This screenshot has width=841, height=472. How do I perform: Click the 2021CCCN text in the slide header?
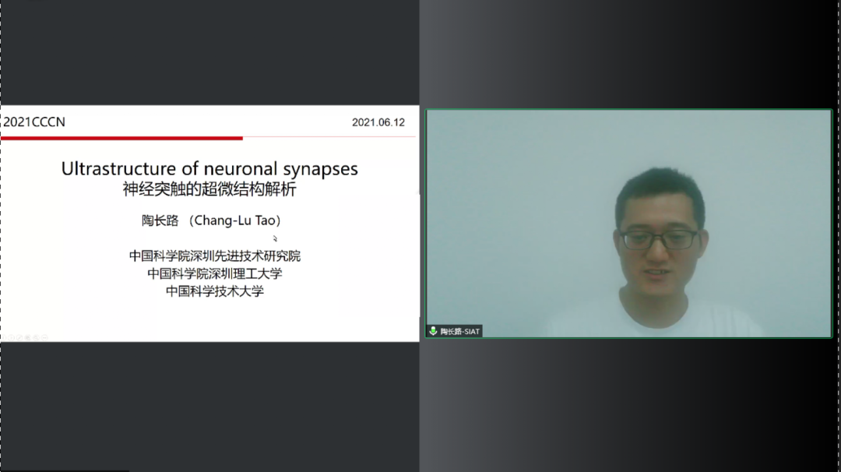pos(34,122)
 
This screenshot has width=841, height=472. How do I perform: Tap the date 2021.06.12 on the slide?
pos(378,122)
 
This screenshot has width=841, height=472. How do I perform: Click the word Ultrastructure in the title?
pos(118,168)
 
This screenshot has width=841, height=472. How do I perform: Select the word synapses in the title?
pos(320,170)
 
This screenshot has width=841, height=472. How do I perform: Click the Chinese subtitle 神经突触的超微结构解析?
pos(209,189)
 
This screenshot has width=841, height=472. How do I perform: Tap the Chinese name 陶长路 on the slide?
pos(160,220)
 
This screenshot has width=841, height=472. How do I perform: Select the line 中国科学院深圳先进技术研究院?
pos(215,255)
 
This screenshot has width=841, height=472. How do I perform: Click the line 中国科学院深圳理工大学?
pos(215,273)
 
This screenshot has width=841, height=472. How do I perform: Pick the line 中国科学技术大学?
pos(215,291)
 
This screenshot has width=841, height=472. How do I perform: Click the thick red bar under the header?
pos(121,139)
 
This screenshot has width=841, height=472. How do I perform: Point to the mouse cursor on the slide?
pos(275,238)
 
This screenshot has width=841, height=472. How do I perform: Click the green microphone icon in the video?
pos(433,331)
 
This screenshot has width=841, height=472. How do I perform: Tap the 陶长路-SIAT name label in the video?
pos(459,332)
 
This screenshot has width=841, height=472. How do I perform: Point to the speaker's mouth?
pos(657,273)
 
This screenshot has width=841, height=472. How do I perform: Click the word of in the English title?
pos(190,168)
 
